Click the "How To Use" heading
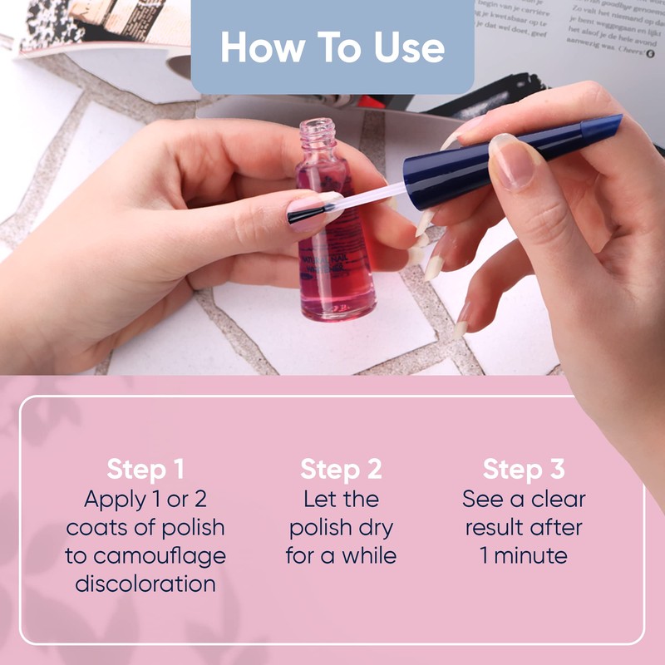coord(332,47)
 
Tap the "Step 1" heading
coord(145,469)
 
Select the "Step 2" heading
coord(341,469)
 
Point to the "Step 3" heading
coord(524,469)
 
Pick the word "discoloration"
coord(145,584)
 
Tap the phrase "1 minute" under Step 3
coord(524,555)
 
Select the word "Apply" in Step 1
coord(113,499)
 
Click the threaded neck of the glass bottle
coord(316,133)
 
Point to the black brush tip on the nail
coord(304,215)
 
